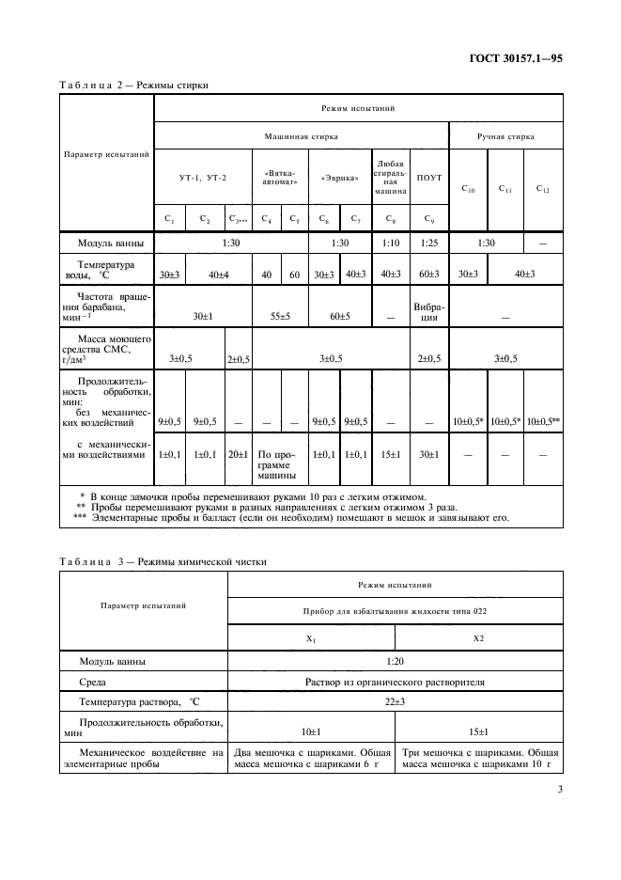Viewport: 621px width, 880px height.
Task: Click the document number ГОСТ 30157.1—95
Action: (517, 57)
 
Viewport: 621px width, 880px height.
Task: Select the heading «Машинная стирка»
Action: (301, 136)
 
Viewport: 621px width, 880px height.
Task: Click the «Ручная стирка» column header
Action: (505, 136)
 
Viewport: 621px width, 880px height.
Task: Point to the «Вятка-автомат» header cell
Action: (280, 177)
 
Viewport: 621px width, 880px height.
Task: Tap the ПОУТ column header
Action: (428, 177)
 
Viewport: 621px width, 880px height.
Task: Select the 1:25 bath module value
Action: (428, 243)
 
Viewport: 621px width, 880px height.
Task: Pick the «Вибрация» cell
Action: (428, 311)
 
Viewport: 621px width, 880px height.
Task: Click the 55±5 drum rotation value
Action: (280, 317)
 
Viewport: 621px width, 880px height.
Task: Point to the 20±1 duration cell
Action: (239, 454)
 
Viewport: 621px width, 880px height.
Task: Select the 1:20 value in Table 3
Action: (395, 661)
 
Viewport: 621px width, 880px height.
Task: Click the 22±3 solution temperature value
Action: (395, 702)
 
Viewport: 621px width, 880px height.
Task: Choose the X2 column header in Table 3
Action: (478, 638)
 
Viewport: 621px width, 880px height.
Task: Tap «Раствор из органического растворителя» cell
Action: (395, 682)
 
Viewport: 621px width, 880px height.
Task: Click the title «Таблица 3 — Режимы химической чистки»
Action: (163, 561)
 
